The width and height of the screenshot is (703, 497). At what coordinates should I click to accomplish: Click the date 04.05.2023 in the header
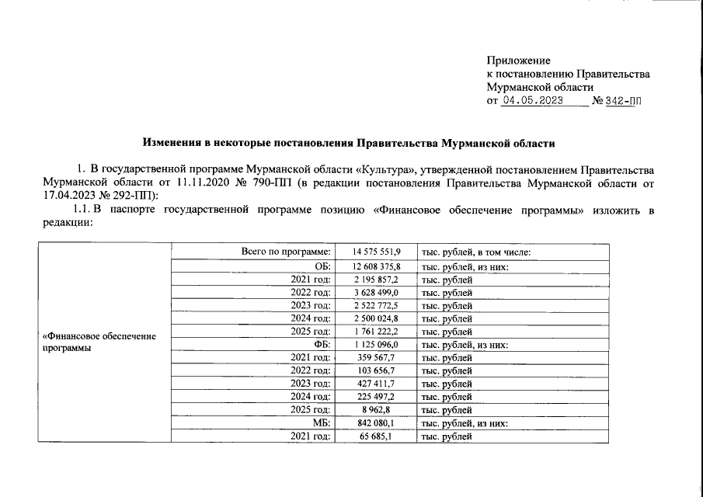pos(536,101)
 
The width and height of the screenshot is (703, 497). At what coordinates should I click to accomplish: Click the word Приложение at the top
pos(518,61)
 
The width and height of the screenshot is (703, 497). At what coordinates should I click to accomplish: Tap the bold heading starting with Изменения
pos(350,143)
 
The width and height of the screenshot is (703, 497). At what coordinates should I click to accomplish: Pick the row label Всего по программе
pos(287,252)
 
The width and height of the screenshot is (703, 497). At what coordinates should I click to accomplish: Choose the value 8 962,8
pos(384,409)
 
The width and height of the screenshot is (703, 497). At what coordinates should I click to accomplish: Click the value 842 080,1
pos(378,422)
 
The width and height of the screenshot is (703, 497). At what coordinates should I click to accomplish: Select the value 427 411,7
pos(378,383)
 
